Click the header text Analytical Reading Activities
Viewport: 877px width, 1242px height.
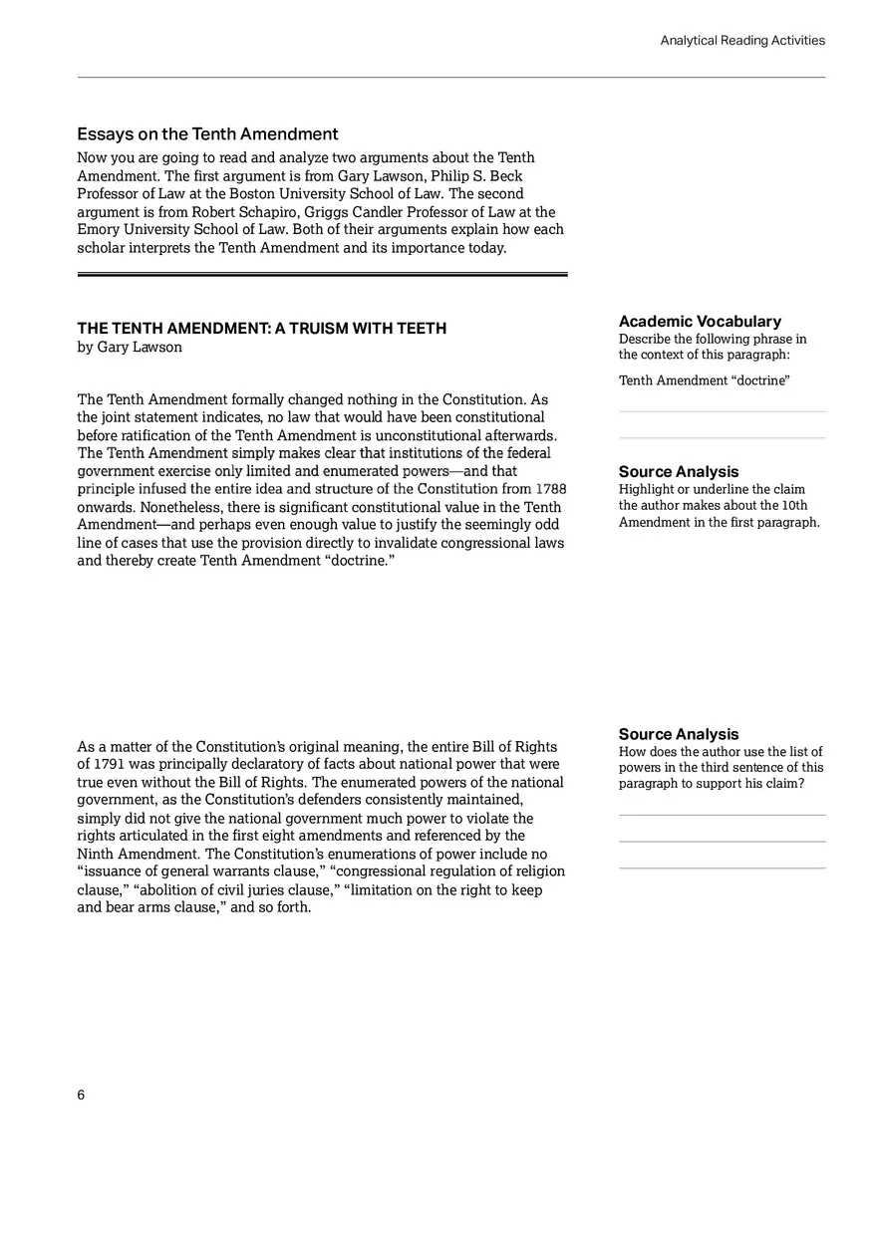click(x=742, y=41)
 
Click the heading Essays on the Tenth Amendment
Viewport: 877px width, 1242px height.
click(x=207, y=134)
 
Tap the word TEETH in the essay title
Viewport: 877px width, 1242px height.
click(x=423, y=329)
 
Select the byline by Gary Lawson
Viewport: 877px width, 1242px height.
click(x=130, y=348)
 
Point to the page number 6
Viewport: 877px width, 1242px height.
click(x=81, y=1095)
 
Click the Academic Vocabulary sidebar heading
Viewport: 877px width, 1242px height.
click(x=700, y=321)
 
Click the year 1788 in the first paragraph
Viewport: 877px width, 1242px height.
click(x=551, y=489)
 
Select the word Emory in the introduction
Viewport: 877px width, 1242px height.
click(x=97, y=230)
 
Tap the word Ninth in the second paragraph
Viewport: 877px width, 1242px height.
click(x=97, y=855)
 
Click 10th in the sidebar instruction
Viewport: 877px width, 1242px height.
click(x=794, y=506)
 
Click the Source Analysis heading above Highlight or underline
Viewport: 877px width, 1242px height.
click(x=679, y=472)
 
